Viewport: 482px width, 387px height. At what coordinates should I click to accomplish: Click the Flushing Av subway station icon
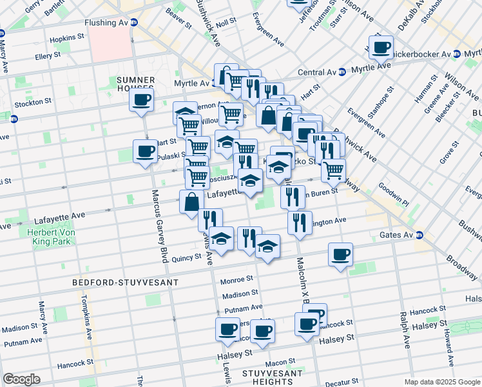[134, 22]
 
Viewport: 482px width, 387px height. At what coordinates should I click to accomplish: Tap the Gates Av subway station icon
[419, 235]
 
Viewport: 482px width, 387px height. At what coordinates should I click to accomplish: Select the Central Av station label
[318, 72]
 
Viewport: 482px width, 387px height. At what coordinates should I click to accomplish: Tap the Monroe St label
[236, 280]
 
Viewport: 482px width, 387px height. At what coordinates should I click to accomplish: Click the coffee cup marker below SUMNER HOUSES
[142, 100]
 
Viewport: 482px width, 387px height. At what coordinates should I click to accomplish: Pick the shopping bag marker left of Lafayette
[192, 201]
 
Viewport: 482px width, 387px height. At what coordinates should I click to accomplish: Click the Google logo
[21, 379]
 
